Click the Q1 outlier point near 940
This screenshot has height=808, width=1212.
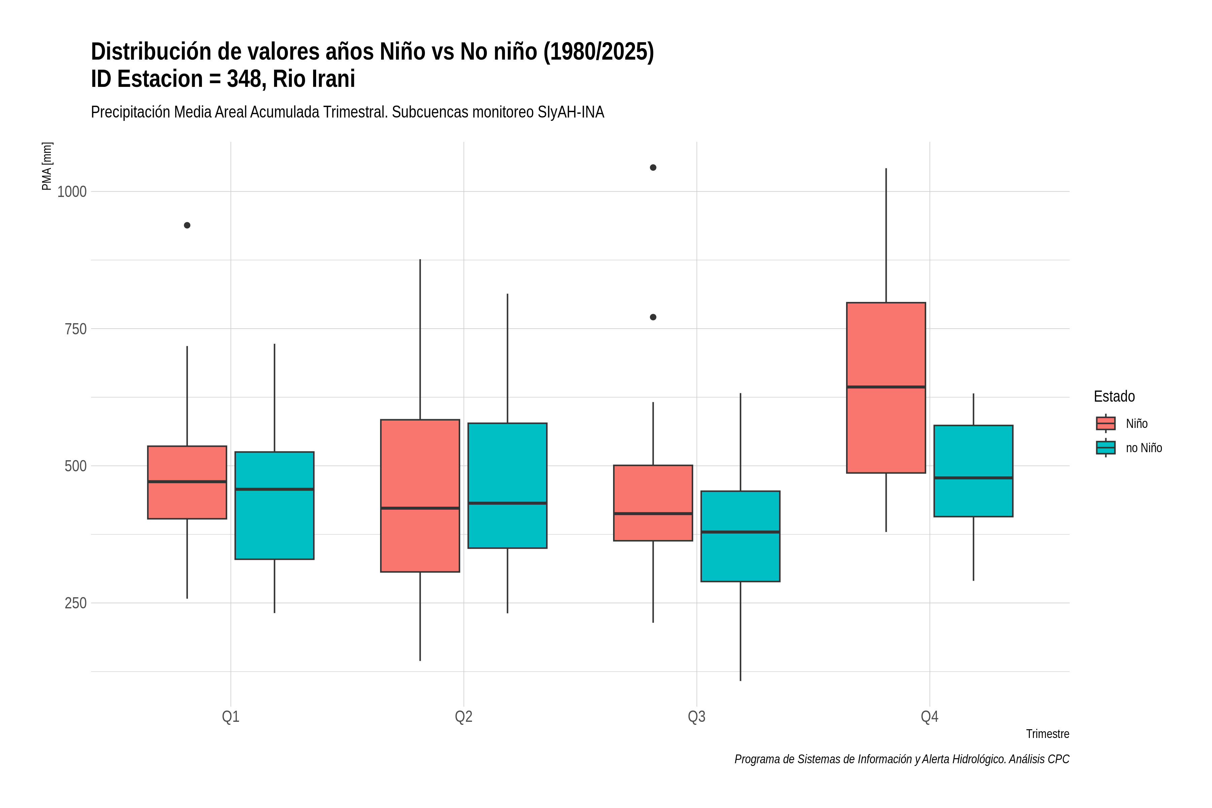187,225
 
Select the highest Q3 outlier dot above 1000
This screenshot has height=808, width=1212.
653,167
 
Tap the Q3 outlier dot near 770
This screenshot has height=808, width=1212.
653,317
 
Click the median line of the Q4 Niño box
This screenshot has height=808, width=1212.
886,386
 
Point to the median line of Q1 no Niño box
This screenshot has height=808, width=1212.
274,489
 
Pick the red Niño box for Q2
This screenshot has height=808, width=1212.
420,496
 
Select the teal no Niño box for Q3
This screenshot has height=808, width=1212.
740,536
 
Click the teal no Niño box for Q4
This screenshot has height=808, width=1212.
973,471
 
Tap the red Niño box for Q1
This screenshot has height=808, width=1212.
187,482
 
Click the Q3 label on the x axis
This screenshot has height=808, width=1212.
697,716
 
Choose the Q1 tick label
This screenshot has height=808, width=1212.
230,716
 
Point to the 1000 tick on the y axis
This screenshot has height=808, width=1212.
72,192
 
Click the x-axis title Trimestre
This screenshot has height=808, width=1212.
1048,734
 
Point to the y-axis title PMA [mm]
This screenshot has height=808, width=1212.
47,166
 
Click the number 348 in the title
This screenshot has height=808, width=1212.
245,79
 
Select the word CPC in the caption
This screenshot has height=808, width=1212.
1058,759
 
